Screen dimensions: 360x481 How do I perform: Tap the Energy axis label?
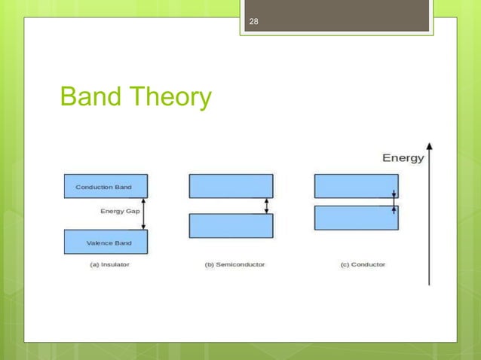coord(403,158)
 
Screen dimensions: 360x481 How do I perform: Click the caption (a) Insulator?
coord(106,265)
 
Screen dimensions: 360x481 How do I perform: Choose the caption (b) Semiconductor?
coord(231,265)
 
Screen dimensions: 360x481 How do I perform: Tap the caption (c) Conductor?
coord(357,265)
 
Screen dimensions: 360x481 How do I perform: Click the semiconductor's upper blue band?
coord(231,186)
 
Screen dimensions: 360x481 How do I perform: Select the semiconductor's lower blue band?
coord(231,226)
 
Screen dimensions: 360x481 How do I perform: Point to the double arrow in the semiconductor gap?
coord(265,206)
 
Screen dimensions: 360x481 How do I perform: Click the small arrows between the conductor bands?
coord(393,202)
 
